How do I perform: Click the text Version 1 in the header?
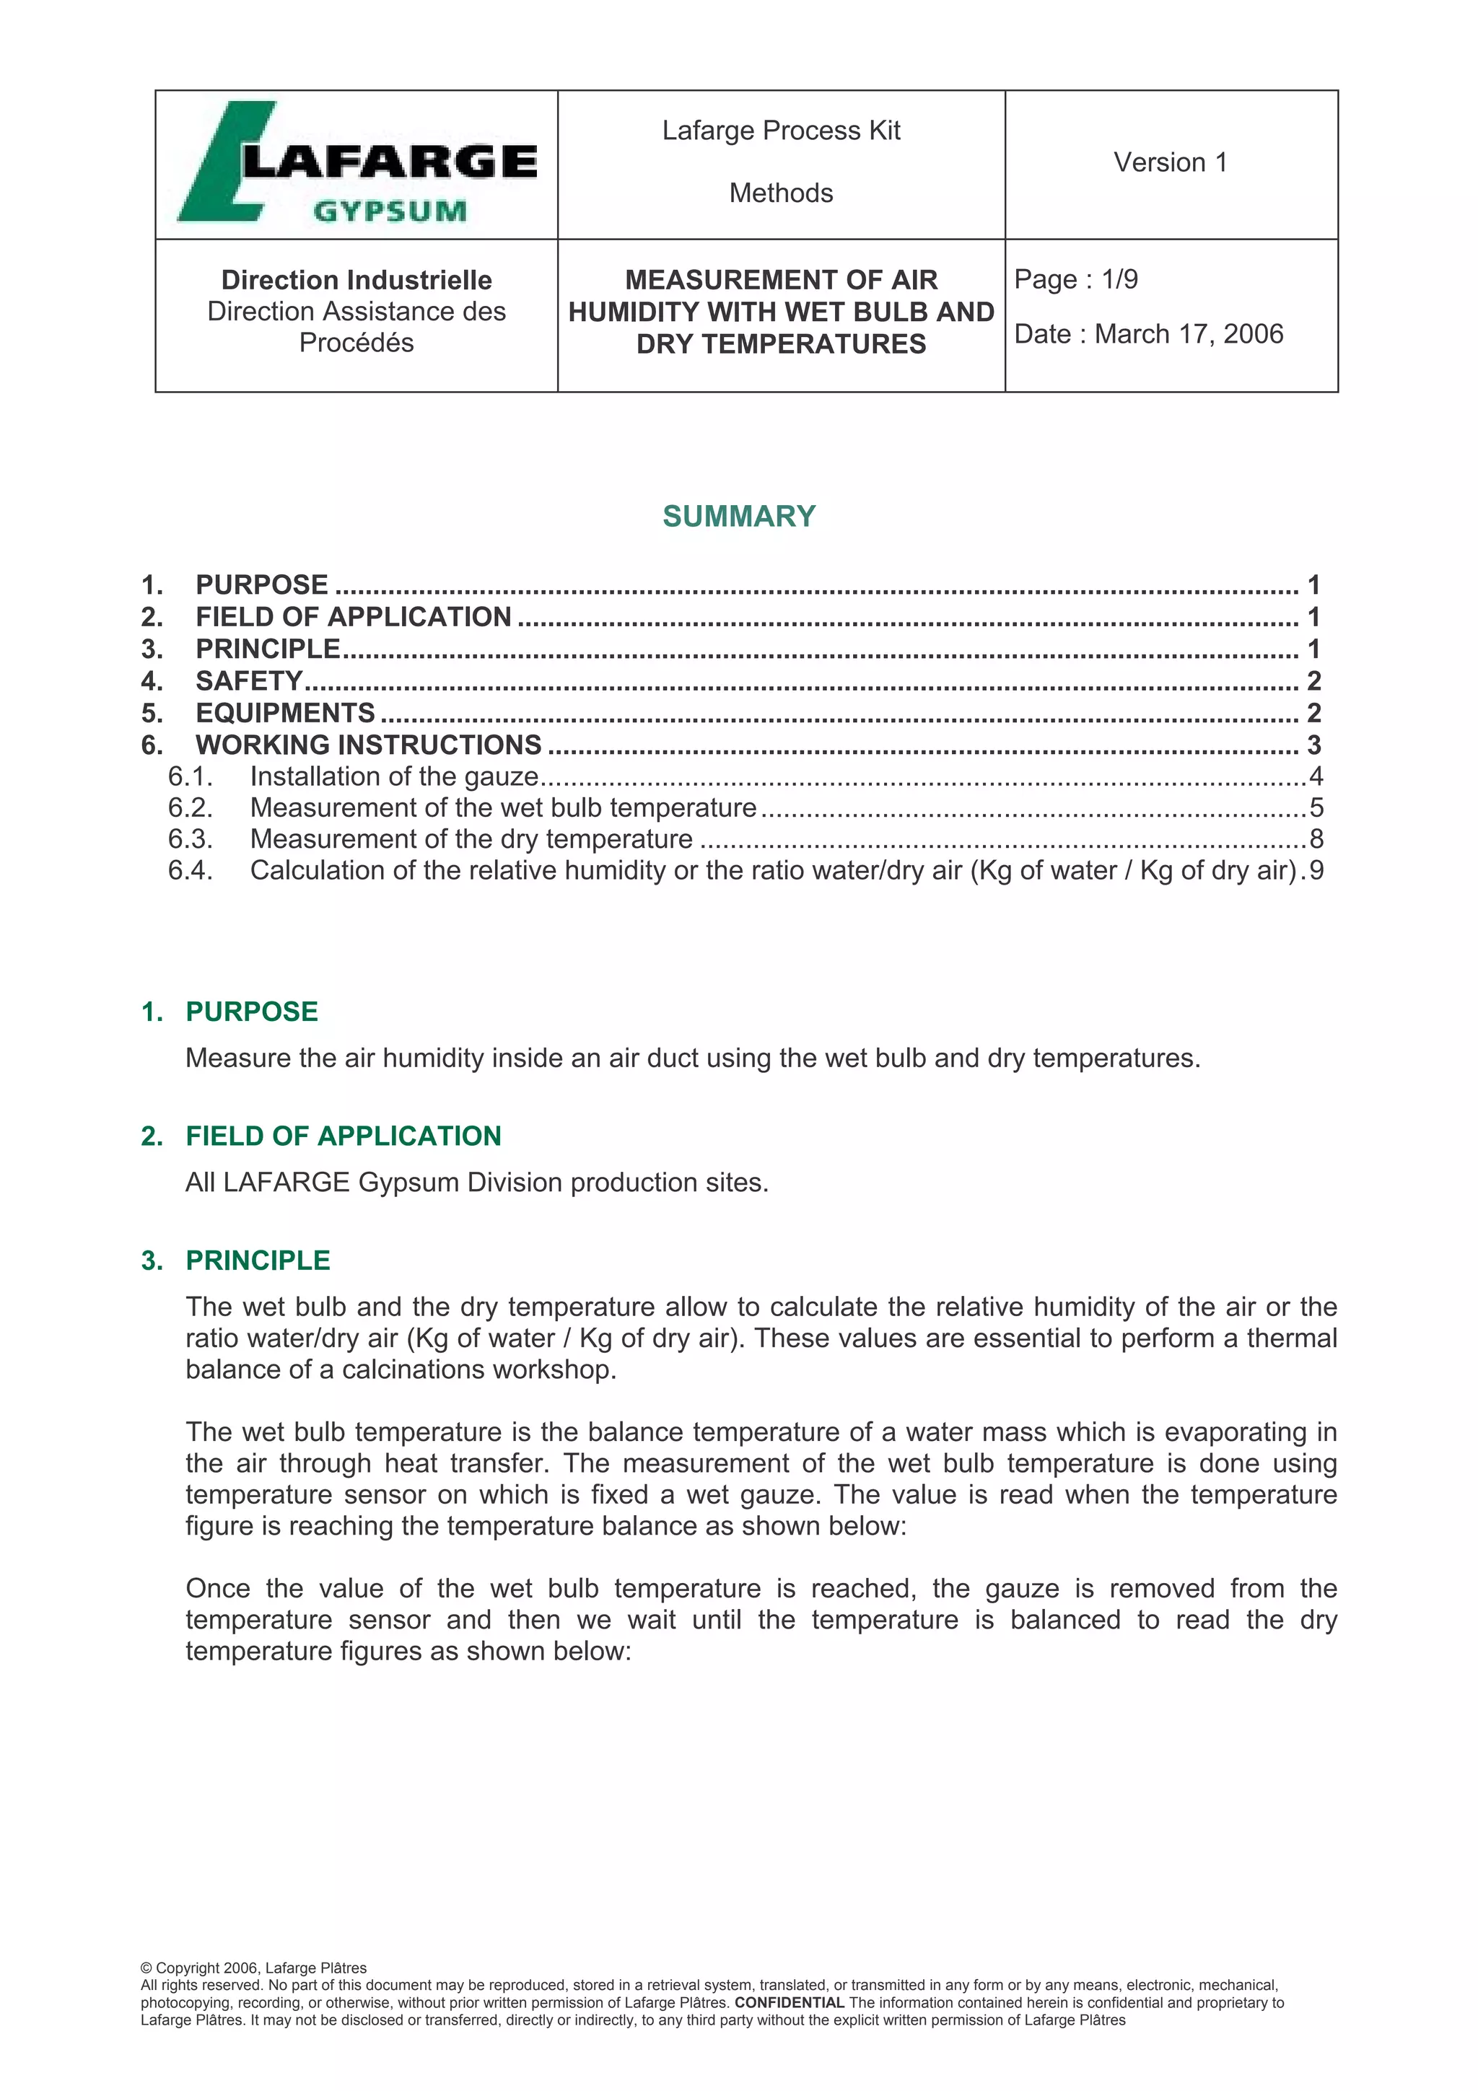pyautogui.click(x=1170, y=162)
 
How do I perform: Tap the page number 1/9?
pyautogui.click(x=1119, y=279)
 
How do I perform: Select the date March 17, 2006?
pyautogui.click(x=1189, y=334)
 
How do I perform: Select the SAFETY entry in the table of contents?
pyautogui.click(x=248, y=680)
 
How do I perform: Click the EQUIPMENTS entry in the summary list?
pyautogui.click(x=285, y=712)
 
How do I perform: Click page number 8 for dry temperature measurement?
pyautogui.click(x=1316, y=838)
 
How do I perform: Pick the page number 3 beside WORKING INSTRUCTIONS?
pyautogui.click(x=1313, y=745)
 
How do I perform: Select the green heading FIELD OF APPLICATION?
pyautogui.click(x=344, y=1136)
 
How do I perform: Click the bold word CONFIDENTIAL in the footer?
pyautogui.click(x=789, y=2003)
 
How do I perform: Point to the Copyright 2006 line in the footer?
pyautogui.click(x=254, y=1968)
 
